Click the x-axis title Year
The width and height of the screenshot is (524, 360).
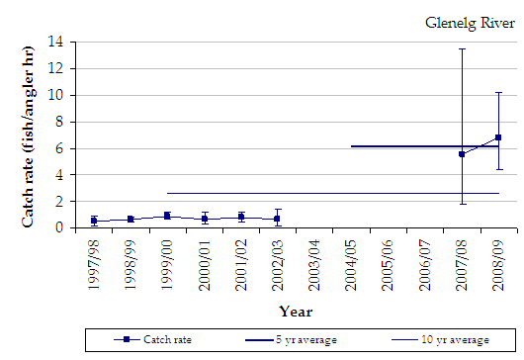295,311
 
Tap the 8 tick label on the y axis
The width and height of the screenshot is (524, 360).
65,122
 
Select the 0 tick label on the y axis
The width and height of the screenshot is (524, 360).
65,227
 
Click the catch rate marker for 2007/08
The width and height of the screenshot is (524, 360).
462,154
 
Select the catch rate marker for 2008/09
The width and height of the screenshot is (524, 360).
498,137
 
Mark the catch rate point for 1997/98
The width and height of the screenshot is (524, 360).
94,221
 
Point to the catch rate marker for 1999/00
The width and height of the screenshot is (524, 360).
167,216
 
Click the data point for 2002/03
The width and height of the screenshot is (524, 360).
278,219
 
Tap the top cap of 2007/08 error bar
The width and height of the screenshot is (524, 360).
462,48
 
